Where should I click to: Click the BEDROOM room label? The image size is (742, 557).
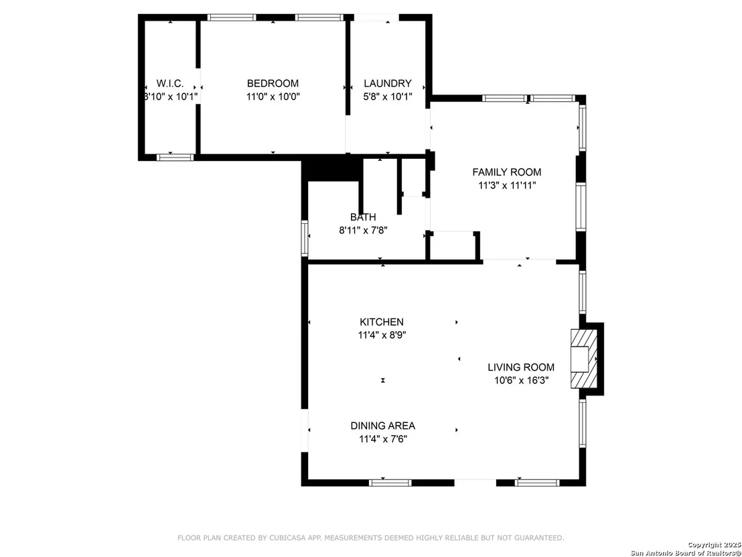273,83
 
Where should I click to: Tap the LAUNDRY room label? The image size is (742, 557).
388,83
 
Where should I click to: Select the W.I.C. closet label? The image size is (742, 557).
170,83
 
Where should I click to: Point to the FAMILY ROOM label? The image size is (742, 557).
507,172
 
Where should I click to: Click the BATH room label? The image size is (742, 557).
363,217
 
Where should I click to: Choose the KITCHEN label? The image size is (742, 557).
382,322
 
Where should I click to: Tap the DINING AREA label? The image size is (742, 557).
383,426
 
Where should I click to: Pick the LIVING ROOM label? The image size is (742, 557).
521,367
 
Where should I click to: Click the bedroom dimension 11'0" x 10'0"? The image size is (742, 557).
273,97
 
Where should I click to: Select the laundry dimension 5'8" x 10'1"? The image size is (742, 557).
388,97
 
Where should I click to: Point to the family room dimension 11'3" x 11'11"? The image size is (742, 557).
507,185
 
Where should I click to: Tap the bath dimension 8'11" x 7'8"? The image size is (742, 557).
364,231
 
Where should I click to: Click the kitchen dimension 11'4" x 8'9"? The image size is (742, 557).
382,335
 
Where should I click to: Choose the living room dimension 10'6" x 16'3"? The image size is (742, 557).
521,380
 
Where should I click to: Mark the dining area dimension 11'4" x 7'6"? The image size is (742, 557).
383,438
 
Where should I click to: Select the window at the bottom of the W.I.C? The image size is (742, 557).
175,158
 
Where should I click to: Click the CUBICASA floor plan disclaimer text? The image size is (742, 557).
370,538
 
